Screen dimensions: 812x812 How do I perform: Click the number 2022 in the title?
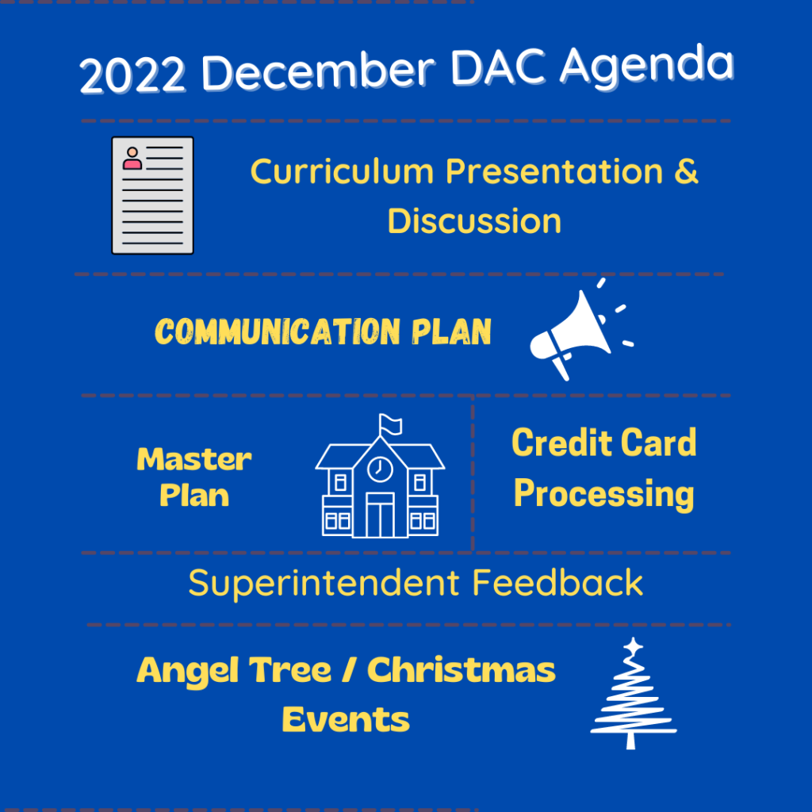point(132,75)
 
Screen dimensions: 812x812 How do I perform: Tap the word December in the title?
point(319,71)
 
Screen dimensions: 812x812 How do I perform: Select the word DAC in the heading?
point(498,67)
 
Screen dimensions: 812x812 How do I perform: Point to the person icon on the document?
point(132,159)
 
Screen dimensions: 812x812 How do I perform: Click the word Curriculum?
point(342,171)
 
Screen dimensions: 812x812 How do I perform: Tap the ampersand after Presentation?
point(686,171)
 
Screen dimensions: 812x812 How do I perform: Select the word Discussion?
point(474,221)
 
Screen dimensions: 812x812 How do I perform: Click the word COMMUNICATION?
point(278,331)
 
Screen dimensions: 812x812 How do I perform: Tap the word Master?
point(194,459)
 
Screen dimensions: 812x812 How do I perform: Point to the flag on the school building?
point(390,425)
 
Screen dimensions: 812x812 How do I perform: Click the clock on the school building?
point(380,469)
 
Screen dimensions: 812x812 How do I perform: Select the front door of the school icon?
point(380,515)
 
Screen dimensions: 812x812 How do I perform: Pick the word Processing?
point(603,494)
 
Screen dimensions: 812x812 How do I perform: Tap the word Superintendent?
point(324,584)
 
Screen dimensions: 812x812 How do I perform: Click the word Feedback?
point(557,583)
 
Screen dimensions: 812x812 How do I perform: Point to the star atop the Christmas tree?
point(633,647)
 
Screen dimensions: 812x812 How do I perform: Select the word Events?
point(346,719)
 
